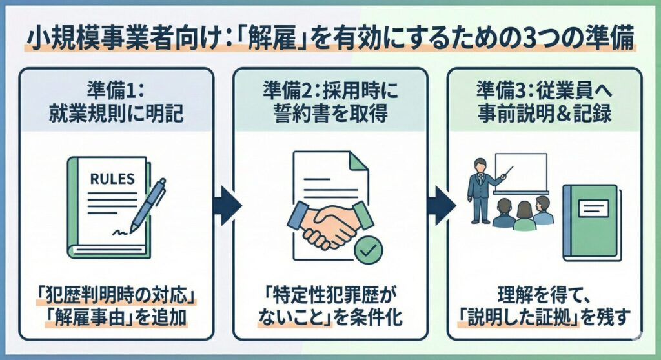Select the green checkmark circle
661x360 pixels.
click(x=369, y=251)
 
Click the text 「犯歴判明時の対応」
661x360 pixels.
click(x=116, y=298)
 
